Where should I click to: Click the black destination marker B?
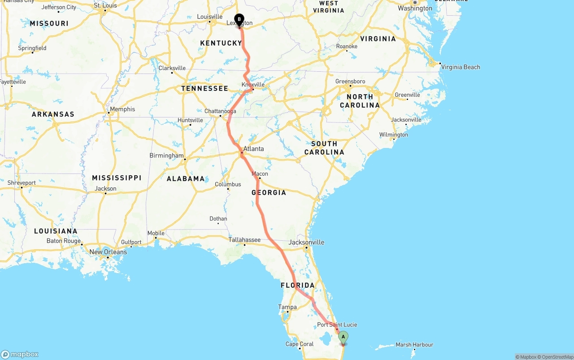click(x=239, y=20)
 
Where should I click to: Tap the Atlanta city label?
click(x=253, y=149)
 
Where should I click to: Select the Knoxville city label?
click(x=253, y=85)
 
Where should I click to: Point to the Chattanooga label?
click(x=220, y=111)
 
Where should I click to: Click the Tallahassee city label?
click(x=244, y=240)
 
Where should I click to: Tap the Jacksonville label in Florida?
click(x=306, y=242)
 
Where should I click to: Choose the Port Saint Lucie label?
click(x=337, y=325)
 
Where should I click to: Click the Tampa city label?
click(x=287, y=307)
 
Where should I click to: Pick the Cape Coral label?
click(x=300, y=344)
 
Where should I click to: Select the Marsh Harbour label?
click(x=414, y=345)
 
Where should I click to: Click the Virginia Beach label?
click(x=461, y=67)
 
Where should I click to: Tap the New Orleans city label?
click(x=108, y=252)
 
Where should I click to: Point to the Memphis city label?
click(x=122, y=109)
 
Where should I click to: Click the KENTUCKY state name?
click(x=221, y=43)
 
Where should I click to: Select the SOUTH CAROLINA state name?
click(x=324, y=148)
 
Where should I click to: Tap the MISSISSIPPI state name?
click(x=117, y=178)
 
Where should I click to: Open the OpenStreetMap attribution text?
click(x=557, y=357)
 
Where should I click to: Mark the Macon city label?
click(x=260, y=174)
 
